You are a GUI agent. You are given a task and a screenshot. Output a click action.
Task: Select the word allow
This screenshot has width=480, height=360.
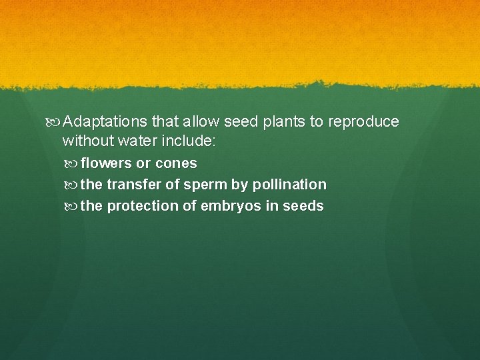pos(200,122)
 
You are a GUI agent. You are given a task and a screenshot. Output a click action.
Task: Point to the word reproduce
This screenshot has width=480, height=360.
pos(363,122)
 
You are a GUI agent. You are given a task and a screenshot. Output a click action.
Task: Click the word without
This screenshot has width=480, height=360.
pos(87,141)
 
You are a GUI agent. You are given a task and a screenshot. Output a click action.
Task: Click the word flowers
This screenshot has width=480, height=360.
pos(106,163)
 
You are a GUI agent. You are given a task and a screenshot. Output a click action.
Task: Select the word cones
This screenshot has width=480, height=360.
pos(176,163)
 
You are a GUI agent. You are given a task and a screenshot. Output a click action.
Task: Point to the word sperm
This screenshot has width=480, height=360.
pos(204,185)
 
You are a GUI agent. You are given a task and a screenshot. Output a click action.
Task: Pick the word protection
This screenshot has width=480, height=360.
pos(143,206)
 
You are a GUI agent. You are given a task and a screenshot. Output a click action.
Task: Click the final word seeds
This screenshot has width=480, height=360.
pos(303,206)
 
